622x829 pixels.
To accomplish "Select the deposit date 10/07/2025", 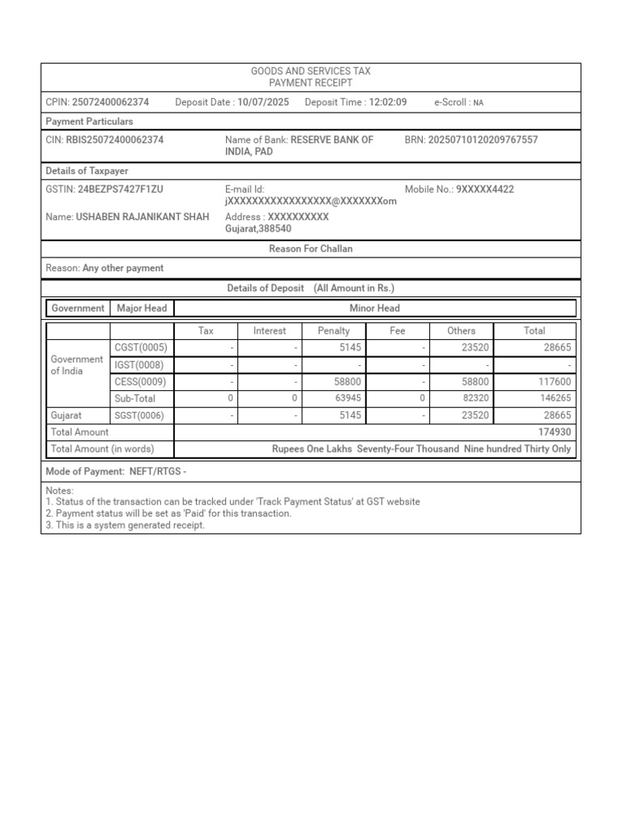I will (x=263, y=103).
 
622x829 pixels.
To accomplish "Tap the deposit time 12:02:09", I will (x=388, y=103).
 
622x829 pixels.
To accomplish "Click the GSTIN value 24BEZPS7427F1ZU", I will (x=120, y=189).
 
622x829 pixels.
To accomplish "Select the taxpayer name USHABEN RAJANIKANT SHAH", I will (x=143, y=217).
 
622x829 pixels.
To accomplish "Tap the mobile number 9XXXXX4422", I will (x=485, y=189).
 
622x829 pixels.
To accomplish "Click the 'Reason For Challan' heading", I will (x=311, y=249).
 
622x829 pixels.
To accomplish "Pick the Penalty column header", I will (x=334, y=331).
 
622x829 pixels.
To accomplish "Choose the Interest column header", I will (x=270, y=331).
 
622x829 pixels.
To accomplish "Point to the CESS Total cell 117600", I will (x=555, y=382).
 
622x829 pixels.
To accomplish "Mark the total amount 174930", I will (x=555, y=433).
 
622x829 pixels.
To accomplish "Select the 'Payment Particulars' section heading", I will (x=90, y=121).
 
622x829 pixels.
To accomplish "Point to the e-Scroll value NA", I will (x=479, y=104).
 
